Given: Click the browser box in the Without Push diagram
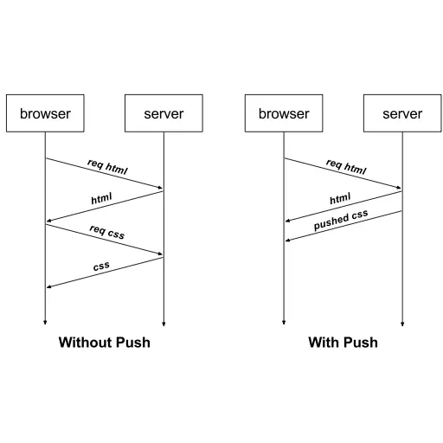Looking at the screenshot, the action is pyautogui.click(x=45, y=113).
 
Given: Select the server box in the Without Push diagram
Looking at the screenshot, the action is pyautogui.click(x=164, y=113).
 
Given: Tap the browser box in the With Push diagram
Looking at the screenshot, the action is pyautogui.click(x=284, y=113).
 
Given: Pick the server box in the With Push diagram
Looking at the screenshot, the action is pyautogui.click(x=402, y=113).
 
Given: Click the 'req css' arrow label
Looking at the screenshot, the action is pyautogui.click(x=107, y=232).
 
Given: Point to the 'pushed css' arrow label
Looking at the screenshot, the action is pyautogui.click(x=341, y=220).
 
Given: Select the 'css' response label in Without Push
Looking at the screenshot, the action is pyautogui.click(x=101, y=266).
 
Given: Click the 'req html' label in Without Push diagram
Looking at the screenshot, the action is pyautogui.click(x=107, y=167).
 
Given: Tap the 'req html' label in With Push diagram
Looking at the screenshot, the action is pyautogui.click(x=346, y=167).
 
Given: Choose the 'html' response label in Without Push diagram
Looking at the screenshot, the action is pyautogui.click(x=101, y=198).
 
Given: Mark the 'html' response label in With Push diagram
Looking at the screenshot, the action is pyautogui.click(x=340, y=198).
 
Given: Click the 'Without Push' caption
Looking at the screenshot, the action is pyautogui.click(x=105, y=343).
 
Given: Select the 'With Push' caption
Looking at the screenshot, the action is pyautogui.click(x=343, y=343).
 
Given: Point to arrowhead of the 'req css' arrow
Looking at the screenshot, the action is pyautogui.click(x=160, y=254).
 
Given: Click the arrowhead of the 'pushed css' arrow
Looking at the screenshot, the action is pyautogui.click(x=287, y=241).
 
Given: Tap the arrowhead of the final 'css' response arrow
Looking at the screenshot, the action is pyautogui.click(x=48, y=286).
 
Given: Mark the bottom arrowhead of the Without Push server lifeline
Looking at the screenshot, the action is pyautogui.click(x=164, y=324).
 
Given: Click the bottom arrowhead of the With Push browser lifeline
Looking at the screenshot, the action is pyautogui.click(x=284, y=323).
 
